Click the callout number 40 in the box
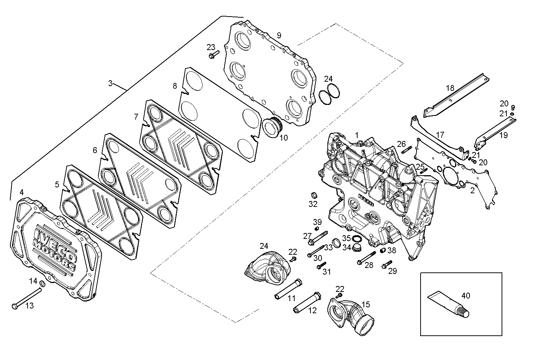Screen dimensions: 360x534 [466, 295]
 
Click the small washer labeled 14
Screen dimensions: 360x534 [42, 283]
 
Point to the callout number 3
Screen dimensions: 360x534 [110, 83]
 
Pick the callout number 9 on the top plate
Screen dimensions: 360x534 [279, 35]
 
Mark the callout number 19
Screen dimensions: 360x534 [503, 135]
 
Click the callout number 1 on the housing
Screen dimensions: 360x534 [356, 135]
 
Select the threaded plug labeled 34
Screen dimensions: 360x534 [356, 248]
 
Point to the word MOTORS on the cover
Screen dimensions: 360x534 [54, 254]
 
